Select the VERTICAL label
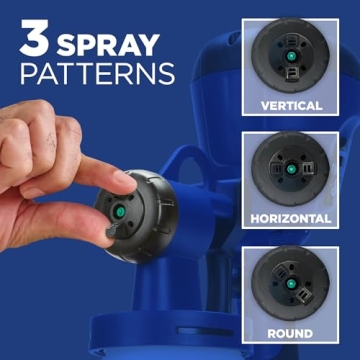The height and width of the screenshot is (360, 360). [x=291, y=105]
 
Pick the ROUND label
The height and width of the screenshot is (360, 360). [x=291, y=333]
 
